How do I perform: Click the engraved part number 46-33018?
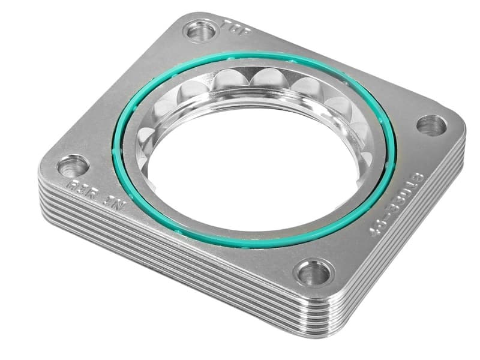(398, 204)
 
